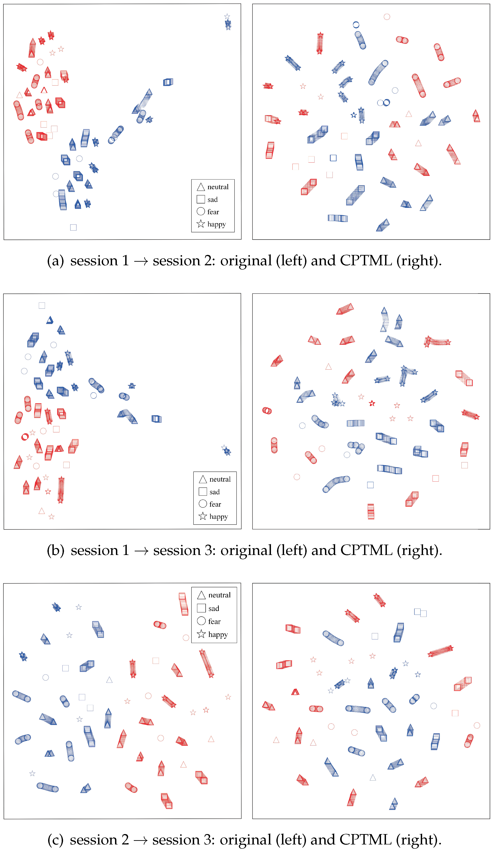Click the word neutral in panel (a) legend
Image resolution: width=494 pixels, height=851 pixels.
click(218, 187)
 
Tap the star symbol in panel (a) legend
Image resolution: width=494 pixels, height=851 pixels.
click(201, 224)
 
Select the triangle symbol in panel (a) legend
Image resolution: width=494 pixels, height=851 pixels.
click(201, 187)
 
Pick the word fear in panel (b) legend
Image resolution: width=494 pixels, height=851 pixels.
click(215, 504)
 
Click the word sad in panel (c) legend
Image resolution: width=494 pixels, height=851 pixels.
click(214, 609)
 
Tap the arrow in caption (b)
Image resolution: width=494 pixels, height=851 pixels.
click(141, 551)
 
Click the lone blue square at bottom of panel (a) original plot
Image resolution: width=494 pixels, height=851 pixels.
click(73, 227)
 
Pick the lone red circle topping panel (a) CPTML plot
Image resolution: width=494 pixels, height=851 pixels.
click(387, 16)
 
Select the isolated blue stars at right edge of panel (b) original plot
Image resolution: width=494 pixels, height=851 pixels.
click(226, 450)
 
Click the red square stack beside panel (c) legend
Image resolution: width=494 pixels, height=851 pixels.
click(183, 604)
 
